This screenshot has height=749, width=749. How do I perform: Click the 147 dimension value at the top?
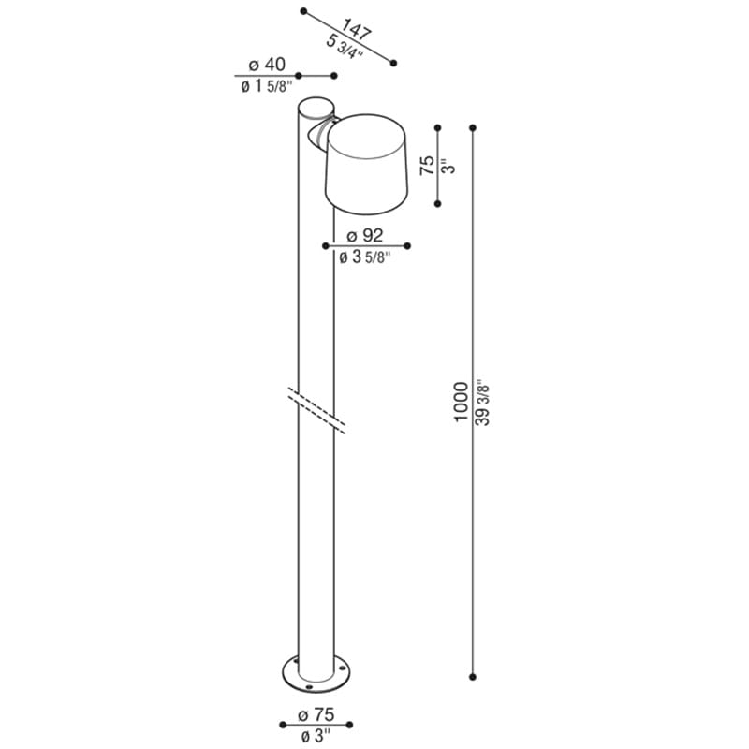[x=358, y=29]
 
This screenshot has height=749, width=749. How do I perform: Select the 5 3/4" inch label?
[x=344, y=47]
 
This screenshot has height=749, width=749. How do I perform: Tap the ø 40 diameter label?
[x=267, y=65]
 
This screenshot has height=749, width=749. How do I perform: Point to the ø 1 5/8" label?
[x=264, y=87]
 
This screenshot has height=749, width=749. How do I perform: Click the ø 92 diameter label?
[x=365, y=235]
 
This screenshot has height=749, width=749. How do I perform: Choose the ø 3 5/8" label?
[x=365, y=257]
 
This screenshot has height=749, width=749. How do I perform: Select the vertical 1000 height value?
[x=460, y=402]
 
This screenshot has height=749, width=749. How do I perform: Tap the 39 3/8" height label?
[x=483, y=402]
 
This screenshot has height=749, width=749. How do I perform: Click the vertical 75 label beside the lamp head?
[x=427, y=167]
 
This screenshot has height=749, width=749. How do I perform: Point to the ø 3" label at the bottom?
[x=316, y=736]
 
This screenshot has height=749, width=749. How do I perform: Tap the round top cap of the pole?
[x=316, y=107]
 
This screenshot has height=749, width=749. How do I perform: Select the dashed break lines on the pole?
[x=316, y=409]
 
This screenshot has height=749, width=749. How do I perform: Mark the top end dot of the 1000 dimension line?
[x=473, y=127]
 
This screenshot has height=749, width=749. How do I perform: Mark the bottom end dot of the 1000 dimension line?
[x=473, y=675]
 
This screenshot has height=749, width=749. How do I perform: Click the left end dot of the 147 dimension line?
[x=303, y=11]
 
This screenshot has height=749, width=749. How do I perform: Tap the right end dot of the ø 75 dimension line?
[x=350, y=725]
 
